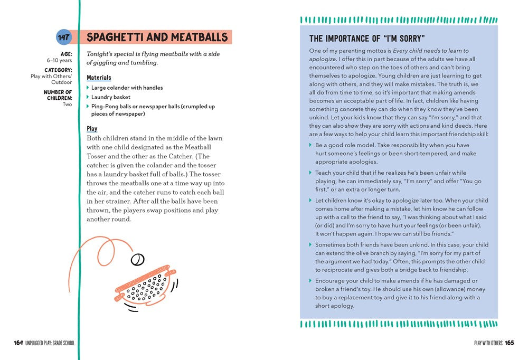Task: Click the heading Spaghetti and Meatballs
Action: point(157,37)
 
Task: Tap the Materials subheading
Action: point(99,78)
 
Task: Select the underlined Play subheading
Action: point(92,128)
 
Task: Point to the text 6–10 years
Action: point(59,61)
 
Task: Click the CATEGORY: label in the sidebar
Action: point(58,70)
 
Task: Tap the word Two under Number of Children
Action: point(67,105)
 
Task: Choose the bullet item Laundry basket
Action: point(111,97)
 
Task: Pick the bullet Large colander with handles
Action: point(127,88)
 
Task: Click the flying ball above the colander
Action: point(138,259)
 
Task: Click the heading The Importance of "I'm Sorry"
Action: point(367,39)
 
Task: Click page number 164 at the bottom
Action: point(18,343)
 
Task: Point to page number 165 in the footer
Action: point(509,343)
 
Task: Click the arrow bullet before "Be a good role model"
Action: point(310,145)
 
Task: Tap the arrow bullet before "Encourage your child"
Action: point(310,281)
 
